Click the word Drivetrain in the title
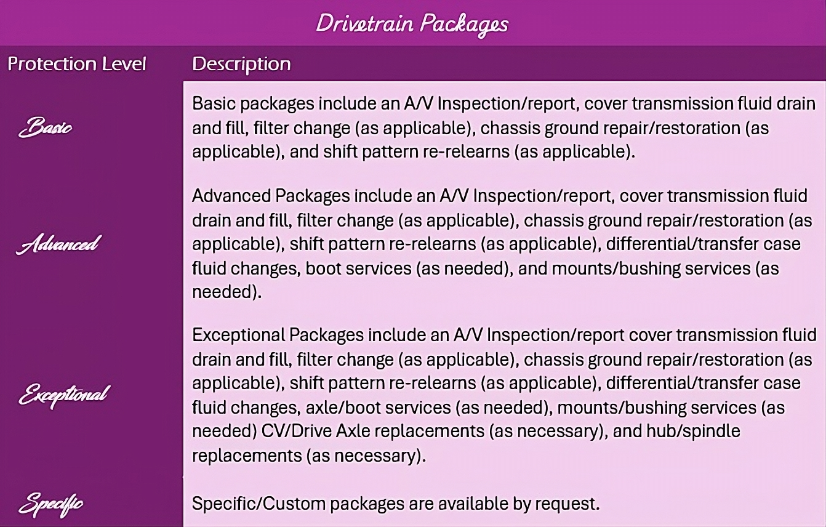[x=365, y=23]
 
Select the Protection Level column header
[x=77, y=64]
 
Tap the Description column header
[x=241, y=64]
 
